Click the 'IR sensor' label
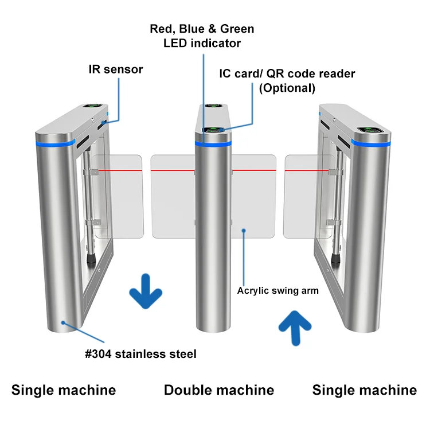coord(115,69)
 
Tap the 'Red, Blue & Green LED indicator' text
coord(202,36)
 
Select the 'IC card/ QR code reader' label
coord(287,73)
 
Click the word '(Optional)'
coord(287,88)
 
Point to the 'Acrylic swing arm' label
coord(278,290)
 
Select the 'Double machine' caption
coord(219,390)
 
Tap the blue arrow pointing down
coord(146,291)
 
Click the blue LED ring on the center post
coord(213,143)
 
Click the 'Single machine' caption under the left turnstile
coord(64,390)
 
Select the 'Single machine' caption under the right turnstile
coord(364,390)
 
